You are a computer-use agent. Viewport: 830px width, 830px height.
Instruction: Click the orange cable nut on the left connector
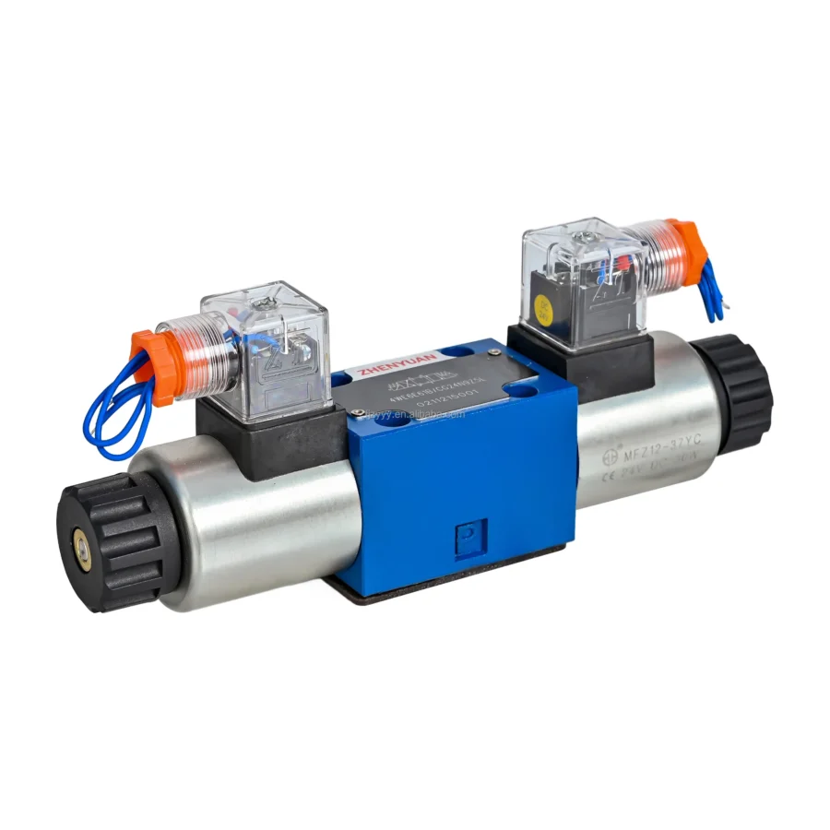pyautogui.click(x=148, y=364)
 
